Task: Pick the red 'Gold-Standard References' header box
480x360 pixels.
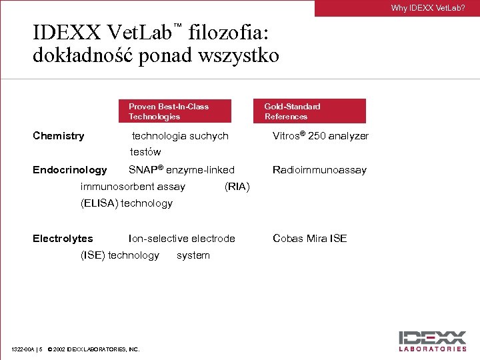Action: (309, 111)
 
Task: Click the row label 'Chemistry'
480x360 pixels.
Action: (59, 136)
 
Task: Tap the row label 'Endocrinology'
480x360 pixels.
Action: (69, 170)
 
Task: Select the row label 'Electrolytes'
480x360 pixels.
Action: (63, 239)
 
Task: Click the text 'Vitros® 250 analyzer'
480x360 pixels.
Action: (321, 136)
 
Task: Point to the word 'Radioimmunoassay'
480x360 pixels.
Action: (319, 170)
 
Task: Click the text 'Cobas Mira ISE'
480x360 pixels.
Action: (309, 239)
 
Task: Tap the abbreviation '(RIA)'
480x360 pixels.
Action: (237, 187)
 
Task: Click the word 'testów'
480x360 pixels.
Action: (145, 152)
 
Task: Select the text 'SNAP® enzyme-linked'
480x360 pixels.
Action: (181, 170)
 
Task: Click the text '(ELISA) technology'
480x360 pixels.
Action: (126, 203)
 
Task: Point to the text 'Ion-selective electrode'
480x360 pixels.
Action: (181, 239)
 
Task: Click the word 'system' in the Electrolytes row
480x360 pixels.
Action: (193, 255)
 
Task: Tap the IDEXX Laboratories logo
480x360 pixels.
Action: (433, 340)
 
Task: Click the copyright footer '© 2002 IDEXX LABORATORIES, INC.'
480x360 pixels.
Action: (93, 349)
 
